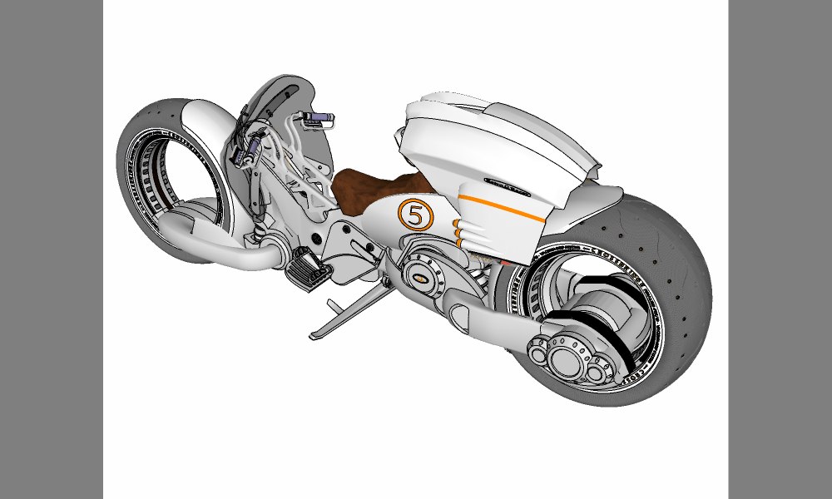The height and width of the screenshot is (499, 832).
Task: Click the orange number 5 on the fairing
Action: (416, 215)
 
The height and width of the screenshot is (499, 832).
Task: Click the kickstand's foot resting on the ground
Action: (321, 335)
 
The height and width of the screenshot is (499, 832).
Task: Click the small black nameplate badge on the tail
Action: (508, 188)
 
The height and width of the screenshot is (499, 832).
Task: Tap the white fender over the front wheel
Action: (200, 125)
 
